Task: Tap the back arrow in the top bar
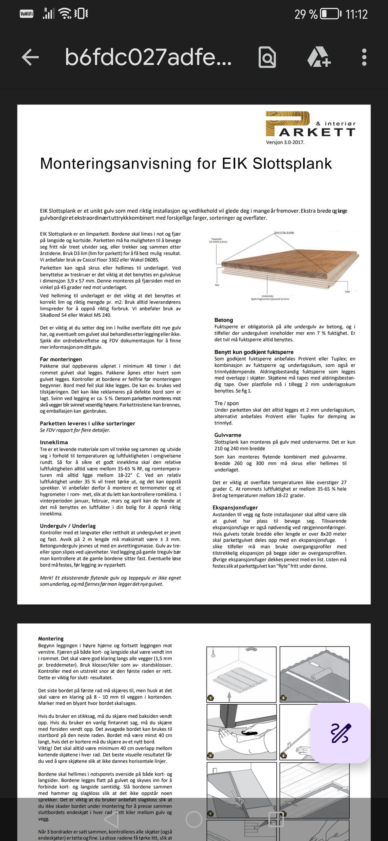(30, 57)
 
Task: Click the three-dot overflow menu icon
(364, 57)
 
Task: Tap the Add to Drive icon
(319, 57)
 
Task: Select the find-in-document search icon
(267, 57)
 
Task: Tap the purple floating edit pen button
(340, 733)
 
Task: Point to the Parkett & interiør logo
(310, 125)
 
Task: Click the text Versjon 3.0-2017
(285, 142)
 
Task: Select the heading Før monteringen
(61, 359)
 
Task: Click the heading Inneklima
(54, 442)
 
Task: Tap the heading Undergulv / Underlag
(68, 526)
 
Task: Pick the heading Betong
(224, 320)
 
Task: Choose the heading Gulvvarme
(228, 435)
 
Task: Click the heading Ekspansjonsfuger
(235, 507)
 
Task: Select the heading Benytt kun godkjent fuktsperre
(254, 352)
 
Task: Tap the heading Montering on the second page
(51, 638)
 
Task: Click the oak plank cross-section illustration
(283, 265)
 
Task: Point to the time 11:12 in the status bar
(356, 15)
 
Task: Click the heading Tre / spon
(226, 403)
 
